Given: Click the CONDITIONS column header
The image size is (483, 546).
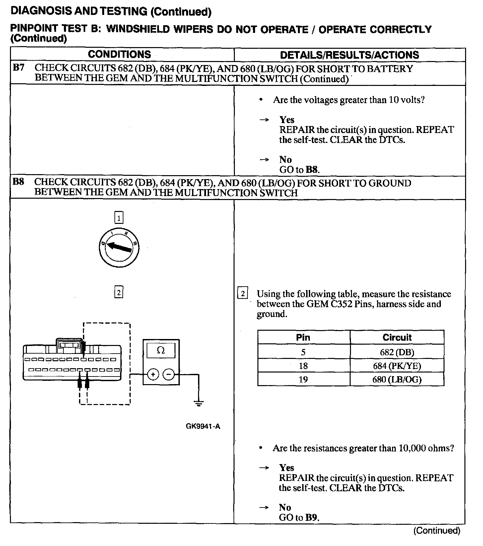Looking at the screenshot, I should coord(119,54).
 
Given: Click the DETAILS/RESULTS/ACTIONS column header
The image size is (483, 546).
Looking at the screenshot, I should coord(349,55).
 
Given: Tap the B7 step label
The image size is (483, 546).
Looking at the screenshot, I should coord(19,68).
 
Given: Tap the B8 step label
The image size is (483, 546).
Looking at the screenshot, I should coord(19,182).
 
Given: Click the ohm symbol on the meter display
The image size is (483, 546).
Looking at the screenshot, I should coord(161,350).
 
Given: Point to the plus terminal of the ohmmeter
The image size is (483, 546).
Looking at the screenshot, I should coord(153,375).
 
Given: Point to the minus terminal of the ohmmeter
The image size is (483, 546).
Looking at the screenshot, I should coord(169,375).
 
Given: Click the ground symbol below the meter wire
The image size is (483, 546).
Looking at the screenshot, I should coord(199,403).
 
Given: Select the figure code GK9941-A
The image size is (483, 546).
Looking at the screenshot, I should coord(203,427).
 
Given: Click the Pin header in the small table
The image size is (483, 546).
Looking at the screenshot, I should coord(303,337).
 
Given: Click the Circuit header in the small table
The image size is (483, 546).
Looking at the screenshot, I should coord(397,337).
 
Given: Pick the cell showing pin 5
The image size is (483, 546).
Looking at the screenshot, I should coord(303,352).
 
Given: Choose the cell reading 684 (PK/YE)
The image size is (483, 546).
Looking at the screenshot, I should coord(397,366).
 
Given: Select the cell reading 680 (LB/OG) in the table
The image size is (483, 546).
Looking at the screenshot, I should coord(397,379).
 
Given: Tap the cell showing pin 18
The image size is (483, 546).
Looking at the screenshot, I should coord(303,366).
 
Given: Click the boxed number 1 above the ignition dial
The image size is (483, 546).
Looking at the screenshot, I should coord(119,218).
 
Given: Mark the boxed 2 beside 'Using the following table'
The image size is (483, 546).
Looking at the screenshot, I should coord(243,294).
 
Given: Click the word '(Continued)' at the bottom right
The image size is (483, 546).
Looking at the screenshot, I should coord(437,530).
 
